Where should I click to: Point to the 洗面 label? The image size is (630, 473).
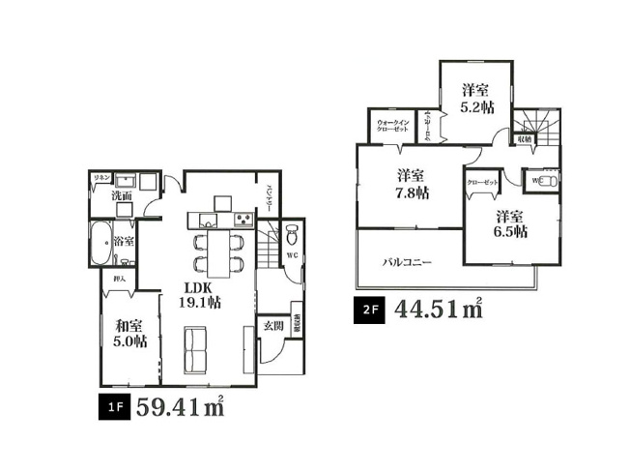tap(121, 195)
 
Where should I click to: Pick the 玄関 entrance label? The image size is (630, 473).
tap(272, 326)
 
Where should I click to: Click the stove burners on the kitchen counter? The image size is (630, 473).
tap(242, 220)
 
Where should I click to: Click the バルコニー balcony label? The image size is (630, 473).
tap(406, 261)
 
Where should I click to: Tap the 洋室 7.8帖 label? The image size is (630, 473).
tap(410, 184)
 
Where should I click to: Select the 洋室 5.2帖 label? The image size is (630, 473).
tap(473, 98)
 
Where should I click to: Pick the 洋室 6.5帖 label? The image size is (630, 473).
tap(508, 223)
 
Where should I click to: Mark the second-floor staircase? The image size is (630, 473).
tap(535, 124)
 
